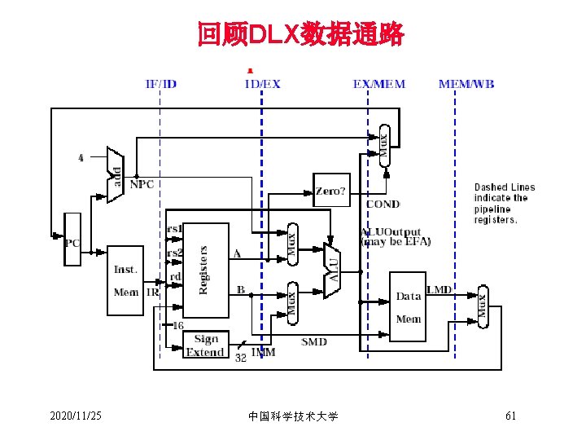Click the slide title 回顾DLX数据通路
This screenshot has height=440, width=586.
point(300,35)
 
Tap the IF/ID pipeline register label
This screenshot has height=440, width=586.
point(160,83)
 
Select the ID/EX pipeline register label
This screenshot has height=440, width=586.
point(262,83)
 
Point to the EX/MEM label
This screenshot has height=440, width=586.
point(378,83)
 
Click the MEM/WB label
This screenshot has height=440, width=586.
point(466,83)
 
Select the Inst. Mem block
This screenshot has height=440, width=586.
point(126,279)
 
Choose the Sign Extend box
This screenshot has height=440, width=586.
point(204,346)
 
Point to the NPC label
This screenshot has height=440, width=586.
point(142,184)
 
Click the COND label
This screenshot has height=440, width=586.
point(383,204)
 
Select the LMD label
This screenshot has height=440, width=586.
point(439,290)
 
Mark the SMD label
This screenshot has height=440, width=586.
point(314,341)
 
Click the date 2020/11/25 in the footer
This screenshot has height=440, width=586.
point(76,416)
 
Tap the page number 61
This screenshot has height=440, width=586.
point(511,416)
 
